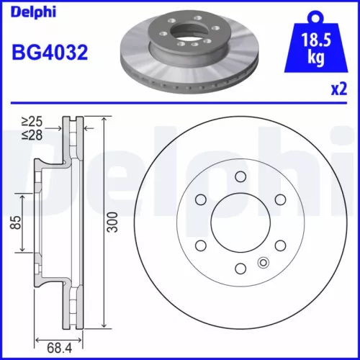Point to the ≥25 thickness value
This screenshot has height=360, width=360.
[x=31, y=123]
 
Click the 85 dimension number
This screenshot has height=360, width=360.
[x=14, y=224]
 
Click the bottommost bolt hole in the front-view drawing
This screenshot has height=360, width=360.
[x=238, y=269]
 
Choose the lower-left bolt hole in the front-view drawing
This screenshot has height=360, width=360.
[x=199, y=246]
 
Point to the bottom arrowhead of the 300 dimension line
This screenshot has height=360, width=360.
[x=106, y=328]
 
